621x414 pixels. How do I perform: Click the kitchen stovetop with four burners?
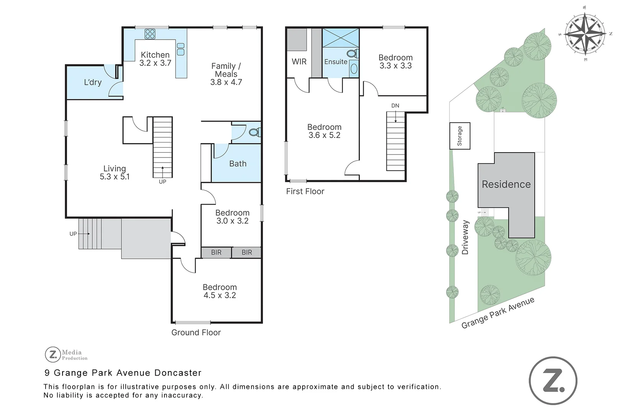click(x=150, y=34)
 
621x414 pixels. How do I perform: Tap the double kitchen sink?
click(x=181, y=49)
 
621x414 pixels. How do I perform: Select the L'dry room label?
click(x=93, y=82)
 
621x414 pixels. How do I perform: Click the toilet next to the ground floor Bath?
click(x=254, y=133)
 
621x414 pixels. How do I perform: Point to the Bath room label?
click(x=238, y=164)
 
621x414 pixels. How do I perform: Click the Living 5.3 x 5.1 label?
click(x=115, y=172)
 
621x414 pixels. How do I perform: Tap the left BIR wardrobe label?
click(x=216, y=252)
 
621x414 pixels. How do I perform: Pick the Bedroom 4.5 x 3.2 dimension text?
click(x=220, y=296)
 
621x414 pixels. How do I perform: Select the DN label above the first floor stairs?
click(x=395, y=106)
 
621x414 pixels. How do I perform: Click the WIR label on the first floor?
click(x=299, y=62)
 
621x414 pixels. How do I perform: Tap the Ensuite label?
click(x=336, y=62)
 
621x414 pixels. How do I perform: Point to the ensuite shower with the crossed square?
click(x=340, y=38)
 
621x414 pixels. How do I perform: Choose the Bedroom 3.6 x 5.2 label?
click(x=324, y=131)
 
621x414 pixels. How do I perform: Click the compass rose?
click(x=585, y=33)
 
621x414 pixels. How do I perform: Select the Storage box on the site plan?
click(x=460, y=136)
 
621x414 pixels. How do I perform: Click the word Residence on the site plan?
click(x=506, y=184)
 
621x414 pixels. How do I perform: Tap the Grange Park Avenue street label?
click(x=498, y=313)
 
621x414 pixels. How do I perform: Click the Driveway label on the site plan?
click(x=465, y=237)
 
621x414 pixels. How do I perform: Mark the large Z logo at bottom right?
click(x=553, y=381)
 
